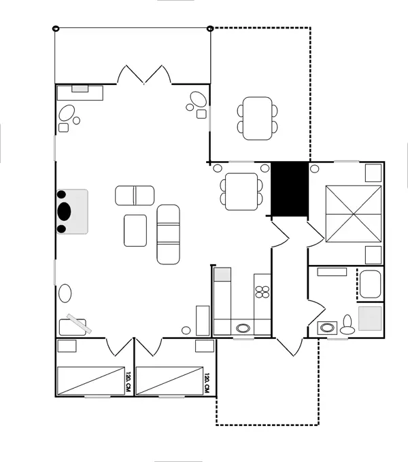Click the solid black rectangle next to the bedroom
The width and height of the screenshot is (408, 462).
290,190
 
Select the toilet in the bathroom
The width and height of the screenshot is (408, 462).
347,325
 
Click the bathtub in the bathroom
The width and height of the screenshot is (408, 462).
371,284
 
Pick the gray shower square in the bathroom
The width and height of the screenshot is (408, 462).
371,318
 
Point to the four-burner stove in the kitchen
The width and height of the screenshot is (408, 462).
262,291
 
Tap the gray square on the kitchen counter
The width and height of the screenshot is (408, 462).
223,275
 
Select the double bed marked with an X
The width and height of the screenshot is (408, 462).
352,213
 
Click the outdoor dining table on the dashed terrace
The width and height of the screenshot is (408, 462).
258,118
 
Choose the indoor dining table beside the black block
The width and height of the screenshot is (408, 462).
241,190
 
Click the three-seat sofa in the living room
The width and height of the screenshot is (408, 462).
168,234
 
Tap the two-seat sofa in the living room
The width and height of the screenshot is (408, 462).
135,195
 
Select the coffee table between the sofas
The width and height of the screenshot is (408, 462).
136,230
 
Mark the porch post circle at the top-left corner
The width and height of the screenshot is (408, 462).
55,29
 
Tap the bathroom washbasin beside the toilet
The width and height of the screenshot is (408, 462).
328,327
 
